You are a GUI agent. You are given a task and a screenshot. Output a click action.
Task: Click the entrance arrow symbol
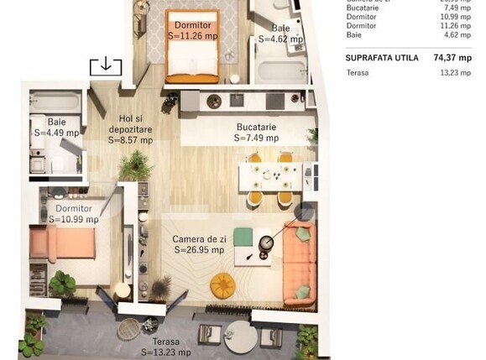[107, 65]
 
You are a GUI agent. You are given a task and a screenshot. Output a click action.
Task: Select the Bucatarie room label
[256, 128]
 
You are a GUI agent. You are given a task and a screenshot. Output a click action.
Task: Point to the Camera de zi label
[199, 238]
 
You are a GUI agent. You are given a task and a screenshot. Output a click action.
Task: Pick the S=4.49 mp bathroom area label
[56, 132]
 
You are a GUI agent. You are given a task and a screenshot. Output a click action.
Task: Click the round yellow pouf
[223, 284]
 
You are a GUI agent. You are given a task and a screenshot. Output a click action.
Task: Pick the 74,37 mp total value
[453, 58]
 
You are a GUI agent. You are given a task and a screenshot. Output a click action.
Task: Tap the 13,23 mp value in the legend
[456, 72]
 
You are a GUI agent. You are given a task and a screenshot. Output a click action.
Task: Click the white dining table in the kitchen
[268, 177]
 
